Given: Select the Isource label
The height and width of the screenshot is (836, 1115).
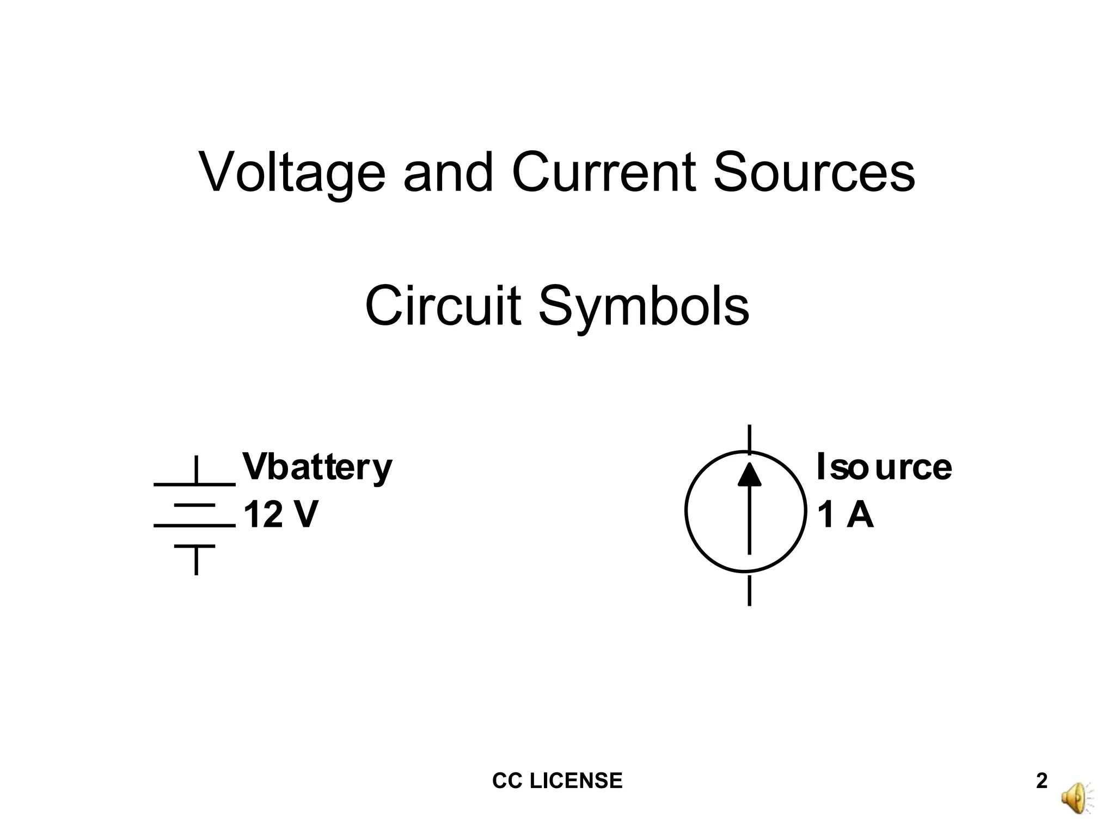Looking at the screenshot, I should (x=884, y=467).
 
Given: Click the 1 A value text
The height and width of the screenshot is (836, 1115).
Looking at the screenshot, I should (x=846, y=515).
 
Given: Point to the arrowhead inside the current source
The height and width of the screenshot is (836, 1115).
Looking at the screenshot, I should (x=750, y=475).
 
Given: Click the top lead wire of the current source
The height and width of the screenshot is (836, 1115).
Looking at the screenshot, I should (x=750, y=439).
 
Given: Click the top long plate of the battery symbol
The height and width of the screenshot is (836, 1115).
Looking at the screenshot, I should (x=195, y=483).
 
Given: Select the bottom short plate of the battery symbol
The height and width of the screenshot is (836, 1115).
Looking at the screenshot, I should (x=195, y=546).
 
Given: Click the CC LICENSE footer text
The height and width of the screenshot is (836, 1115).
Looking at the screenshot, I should (x=557, y=781).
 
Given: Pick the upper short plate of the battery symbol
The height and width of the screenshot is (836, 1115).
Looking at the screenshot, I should (x=195, y=506).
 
